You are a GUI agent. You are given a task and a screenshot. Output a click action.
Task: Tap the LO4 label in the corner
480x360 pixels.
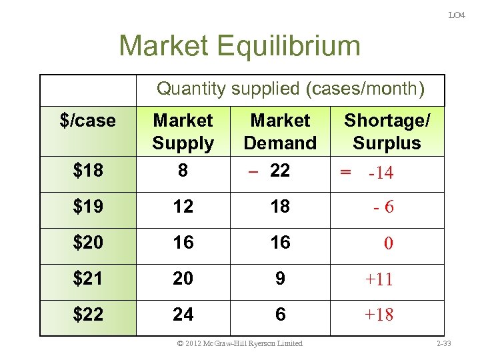(457, 15)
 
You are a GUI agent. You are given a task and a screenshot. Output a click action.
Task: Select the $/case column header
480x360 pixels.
(87, 121)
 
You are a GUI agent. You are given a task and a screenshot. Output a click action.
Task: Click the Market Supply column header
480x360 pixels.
(183, 131)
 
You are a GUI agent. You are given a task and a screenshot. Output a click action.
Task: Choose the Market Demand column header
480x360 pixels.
(280, 131)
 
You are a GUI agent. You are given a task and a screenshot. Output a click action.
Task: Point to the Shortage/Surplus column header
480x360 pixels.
(387, 131)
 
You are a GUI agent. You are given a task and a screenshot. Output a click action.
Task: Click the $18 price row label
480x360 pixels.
(88, 171)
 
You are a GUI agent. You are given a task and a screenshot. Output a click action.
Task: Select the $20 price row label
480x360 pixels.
(88, 243)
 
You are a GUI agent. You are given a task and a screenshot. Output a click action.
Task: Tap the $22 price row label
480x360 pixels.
(88, 315)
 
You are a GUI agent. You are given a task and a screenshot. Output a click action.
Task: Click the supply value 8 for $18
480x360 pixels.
(183, 171)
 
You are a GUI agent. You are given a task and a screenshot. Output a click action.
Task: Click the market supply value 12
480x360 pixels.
(183, 207)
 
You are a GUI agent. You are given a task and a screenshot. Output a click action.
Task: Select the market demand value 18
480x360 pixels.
(280, 207)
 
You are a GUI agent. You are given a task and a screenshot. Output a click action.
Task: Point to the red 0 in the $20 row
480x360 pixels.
(388, 244)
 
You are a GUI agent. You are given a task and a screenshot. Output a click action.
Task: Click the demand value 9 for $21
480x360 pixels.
(280, 279)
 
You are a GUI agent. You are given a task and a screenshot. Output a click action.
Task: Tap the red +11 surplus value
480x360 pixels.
(379, 279)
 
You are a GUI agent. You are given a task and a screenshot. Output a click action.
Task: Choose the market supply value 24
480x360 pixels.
(183, 315)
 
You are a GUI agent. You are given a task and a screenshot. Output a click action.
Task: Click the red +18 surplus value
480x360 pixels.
(379, 315)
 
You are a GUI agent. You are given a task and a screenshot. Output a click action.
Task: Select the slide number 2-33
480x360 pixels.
(443, 343)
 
